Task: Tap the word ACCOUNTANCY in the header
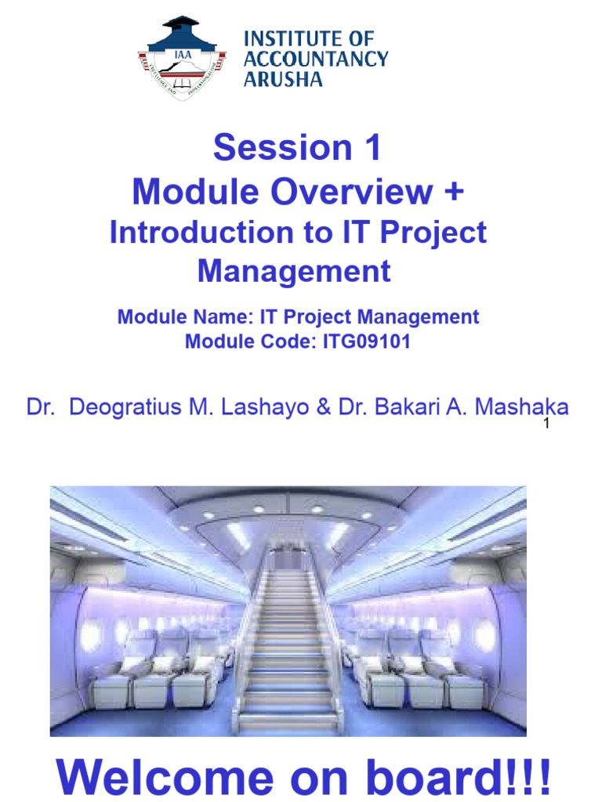point(316,59)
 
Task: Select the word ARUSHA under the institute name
point(283,78)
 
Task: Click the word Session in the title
point(270,149)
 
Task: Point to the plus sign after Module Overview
point(455,192)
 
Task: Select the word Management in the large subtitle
point(294,271)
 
